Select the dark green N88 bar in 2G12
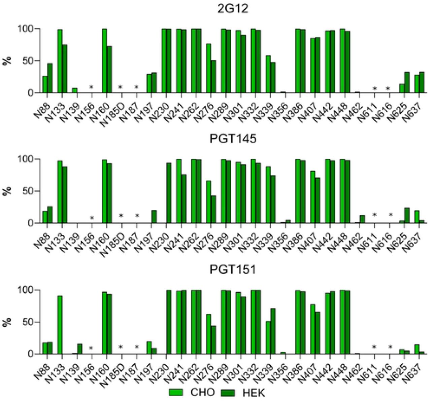[x=50, y=78]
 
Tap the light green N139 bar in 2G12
[x=75, y=90]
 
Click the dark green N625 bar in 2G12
[x=407, y=82]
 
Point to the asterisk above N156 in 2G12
[x=91, y=88]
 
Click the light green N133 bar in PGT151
[x=60, y=325]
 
